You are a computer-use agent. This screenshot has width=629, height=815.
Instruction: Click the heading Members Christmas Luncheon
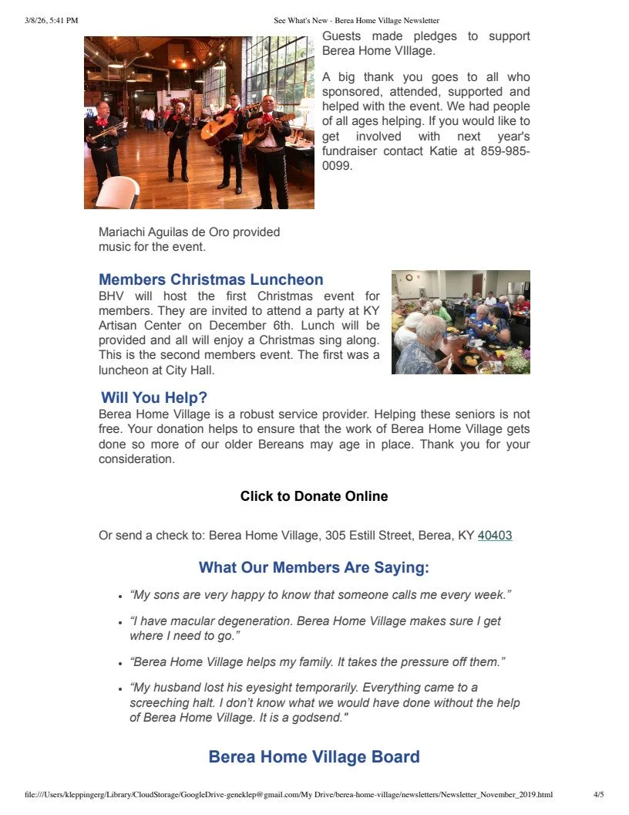pos(210,279)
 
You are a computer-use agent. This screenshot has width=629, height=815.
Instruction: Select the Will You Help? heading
pos(154,398)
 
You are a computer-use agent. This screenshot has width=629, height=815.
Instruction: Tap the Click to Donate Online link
pos(314,496)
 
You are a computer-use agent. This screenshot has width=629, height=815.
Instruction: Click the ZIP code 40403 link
pos(495,535)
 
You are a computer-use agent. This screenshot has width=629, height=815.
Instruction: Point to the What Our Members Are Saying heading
pos(314,568)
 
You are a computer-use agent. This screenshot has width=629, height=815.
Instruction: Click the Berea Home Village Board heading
pos(314,756)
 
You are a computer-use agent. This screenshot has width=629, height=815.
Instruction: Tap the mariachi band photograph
pos(199,122)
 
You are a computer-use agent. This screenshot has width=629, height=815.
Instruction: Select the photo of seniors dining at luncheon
pos(460,322)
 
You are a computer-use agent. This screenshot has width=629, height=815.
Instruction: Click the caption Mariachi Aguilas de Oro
pos(189,232)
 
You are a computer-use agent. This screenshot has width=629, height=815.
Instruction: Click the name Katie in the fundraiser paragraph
pos(442,150)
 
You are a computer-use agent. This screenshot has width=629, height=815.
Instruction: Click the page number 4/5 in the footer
pos(598,794)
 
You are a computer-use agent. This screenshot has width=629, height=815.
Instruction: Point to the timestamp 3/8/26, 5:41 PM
pos(52,21)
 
